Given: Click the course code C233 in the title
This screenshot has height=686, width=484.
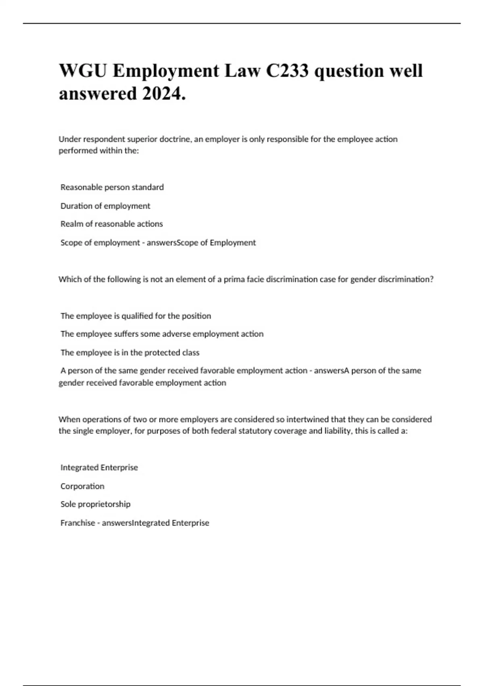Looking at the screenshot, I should (x=287, y=71).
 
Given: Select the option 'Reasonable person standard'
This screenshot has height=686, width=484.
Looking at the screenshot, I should (x=112, y=187).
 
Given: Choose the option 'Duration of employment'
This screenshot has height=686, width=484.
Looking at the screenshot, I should (x=105, y=206).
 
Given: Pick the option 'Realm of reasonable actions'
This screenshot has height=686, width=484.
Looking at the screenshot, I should (x=112, y=224).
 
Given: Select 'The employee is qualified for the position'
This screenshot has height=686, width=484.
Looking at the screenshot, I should (x=136, y=316).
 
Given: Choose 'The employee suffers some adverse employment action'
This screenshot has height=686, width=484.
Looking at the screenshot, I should (x=162, y=334).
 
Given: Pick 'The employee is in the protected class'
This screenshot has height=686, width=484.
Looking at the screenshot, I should (x=130, y=353).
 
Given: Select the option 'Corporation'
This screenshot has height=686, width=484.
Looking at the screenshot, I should (x=82, y=486).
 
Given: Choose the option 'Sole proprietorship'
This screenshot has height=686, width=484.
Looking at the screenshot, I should (x=96, y=504).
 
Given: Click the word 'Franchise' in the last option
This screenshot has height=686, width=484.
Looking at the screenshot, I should (x=78, y=523).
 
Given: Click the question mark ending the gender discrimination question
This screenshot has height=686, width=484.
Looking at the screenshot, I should (x=432, y=279).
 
